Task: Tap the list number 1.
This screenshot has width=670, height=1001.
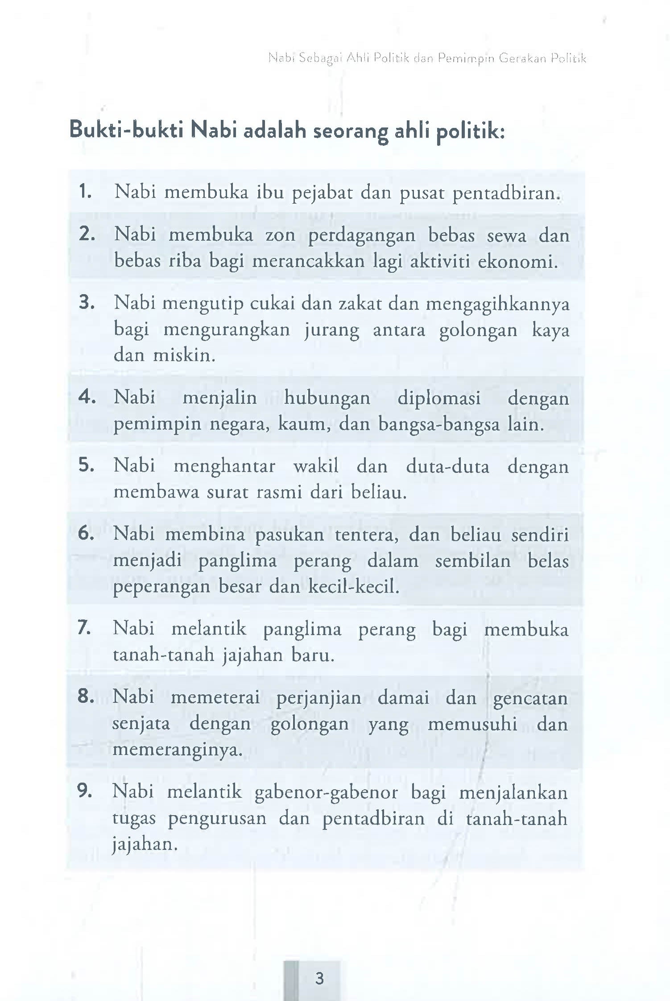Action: point(84,192)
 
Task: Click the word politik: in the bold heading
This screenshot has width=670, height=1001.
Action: point(471,132)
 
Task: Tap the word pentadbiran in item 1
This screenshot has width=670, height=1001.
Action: point(505,194)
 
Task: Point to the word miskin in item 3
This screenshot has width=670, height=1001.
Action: point(184,355)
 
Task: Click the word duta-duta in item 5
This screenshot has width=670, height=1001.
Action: point(447,466)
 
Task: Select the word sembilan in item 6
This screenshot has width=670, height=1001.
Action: point(473,560)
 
